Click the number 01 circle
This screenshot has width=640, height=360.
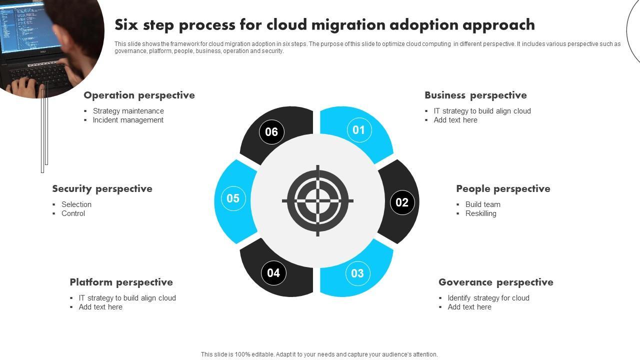click(359, 130)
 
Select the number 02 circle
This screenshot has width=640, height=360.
click(402, 202)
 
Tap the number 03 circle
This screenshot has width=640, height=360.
click(357, 273)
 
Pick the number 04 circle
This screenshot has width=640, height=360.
click(273, 273)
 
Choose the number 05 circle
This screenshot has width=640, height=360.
click(233, 198)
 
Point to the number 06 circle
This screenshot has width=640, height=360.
click(271, 132)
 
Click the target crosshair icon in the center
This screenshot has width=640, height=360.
click(317, 201)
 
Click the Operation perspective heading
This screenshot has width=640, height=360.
click(139, 95)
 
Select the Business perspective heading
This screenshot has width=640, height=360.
click(475, 95)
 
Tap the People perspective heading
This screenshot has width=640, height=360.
click(503, 188)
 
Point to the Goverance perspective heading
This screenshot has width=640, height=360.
click(495, 282)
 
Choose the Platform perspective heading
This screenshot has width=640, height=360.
click(121, 282)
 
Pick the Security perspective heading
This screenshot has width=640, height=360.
click(102, 188)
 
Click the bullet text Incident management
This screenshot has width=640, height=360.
click(128, 120)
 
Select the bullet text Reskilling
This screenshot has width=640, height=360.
click(480, 213)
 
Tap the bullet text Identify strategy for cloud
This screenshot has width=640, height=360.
click(488, 298)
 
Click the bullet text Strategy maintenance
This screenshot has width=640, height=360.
click(128, 111)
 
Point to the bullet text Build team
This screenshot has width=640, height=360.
click(482, 204)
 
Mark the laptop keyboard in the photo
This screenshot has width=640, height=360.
click(42, 75)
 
